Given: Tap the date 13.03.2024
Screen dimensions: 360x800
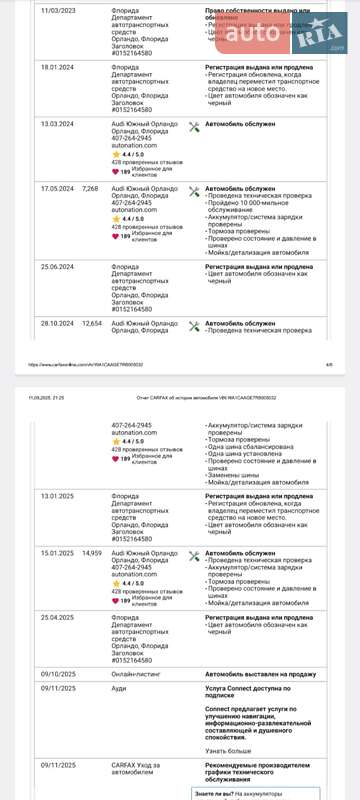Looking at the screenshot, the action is [57, 124].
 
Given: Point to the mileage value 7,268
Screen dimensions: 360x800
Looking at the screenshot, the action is [90, 188].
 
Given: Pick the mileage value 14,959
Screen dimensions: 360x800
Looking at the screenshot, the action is [92, 553].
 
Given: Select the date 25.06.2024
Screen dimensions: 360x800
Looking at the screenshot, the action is [57, 267].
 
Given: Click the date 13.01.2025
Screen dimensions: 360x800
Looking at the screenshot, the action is [57, 496].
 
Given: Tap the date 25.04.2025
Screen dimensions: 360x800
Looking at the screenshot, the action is [57, 617].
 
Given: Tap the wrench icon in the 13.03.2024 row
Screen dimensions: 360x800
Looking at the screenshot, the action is [194, 126].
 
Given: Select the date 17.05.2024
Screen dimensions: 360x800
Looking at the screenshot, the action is [57, 188].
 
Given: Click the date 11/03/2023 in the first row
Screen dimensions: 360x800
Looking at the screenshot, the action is [57, 10].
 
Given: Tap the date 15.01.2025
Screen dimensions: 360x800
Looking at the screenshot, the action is [57, 553].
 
